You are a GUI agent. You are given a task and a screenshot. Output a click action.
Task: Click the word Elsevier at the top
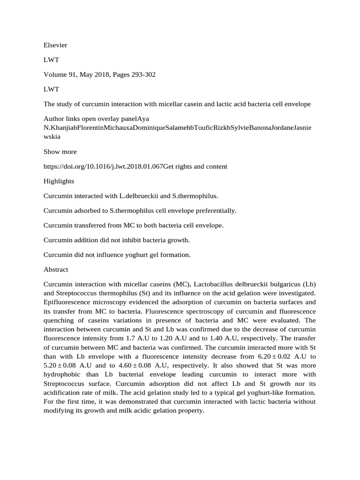55,45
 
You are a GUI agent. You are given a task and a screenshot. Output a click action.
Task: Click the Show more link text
60,151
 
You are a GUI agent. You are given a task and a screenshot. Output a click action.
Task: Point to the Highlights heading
59,180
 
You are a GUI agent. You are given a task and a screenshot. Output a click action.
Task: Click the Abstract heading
56,270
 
